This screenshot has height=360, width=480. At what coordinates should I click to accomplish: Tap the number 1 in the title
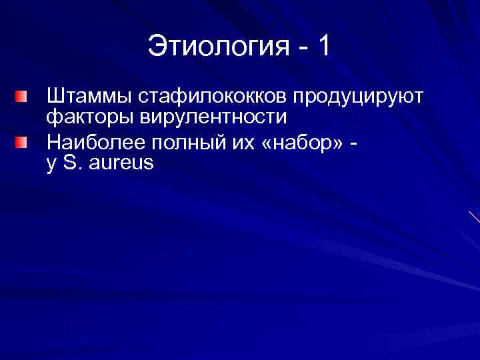pyautogui.click(x=323, y=47)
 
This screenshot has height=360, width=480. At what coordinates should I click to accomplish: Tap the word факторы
pyautogui.click(x=88, y=118)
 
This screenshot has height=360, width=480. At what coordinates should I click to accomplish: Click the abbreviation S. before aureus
pyautogui.click(x=72, y=162)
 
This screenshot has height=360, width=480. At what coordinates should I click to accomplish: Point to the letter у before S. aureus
pyautogui.click(x=51, y=164)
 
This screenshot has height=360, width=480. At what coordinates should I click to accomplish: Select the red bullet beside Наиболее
pyautogui.click(x=23, y=143)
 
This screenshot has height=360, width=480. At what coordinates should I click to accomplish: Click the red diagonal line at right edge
pyautogui.click(x=474, y=217)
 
